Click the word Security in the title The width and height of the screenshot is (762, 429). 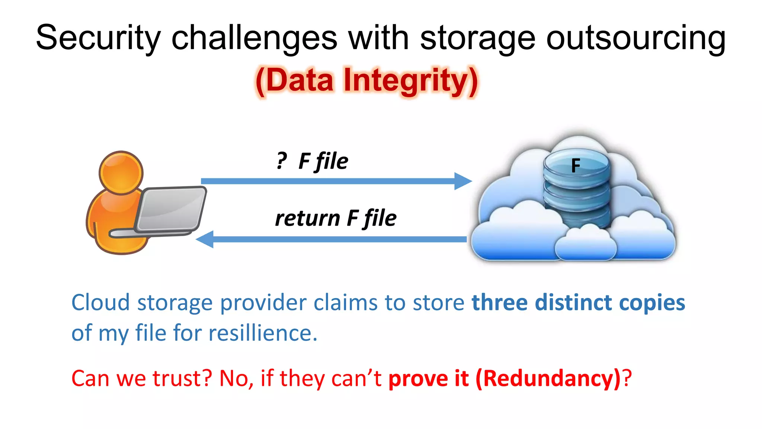(x=98, y=38)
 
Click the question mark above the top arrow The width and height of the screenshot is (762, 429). (x=282, y=161)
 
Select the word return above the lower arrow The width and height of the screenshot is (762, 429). (x=307, y=218)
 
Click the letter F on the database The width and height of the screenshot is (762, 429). (x=576, y=166)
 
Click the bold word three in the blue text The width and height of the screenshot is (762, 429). (x=499, y=302)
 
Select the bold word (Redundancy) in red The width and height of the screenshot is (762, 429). (x=548, y=378)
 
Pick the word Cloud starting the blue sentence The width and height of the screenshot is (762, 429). (x=100, y=302)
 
